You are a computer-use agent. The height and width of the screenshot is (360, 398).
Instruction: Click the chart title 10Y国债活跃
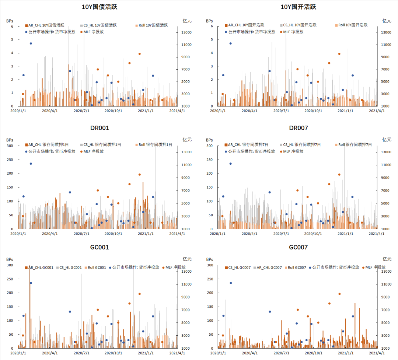click(x=99, y=7)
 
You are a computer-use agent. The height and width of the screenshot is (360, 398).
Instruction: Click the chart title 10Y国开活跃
click(x=298, y=7)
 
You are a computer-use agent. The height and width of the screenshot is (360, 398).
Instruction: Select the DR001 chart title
click(x=99, y=128)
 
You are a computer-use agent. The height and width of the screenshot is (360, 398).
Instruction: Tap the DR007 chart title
click(x=298, y=128)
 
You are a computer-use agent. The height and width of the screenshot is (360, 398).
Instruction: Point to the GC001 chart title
click(x=99, y=247)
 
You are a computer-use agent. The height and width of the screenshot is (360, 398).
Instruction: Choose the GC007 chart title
click(x=298, y=247)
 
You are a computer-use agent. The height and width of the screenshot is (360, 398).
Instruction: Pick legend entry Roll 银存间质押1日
click(x=155, y=145)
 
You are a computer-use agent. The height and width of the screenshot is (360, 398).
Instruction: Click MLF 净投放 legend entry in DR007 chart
click(x=293, y=151)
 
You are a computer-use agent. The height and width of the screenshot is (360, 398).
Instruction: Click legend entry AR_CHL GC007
click(x=269, y=268)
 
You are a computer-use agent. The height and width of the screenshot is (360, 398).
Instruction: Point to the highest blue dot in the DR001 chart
click(x=31, y=164)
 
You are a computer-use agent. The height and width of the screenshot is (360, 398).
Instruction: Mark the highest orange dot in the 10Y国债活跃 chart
click(x=140, y=54)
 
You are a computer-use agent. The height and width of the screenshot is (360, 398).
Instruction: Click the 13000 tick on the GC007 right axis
click(x=385, y=272)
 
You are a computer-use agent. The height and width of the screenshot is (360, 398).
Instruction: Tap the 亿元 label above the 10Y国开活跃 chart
click(x=387, y=21)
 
